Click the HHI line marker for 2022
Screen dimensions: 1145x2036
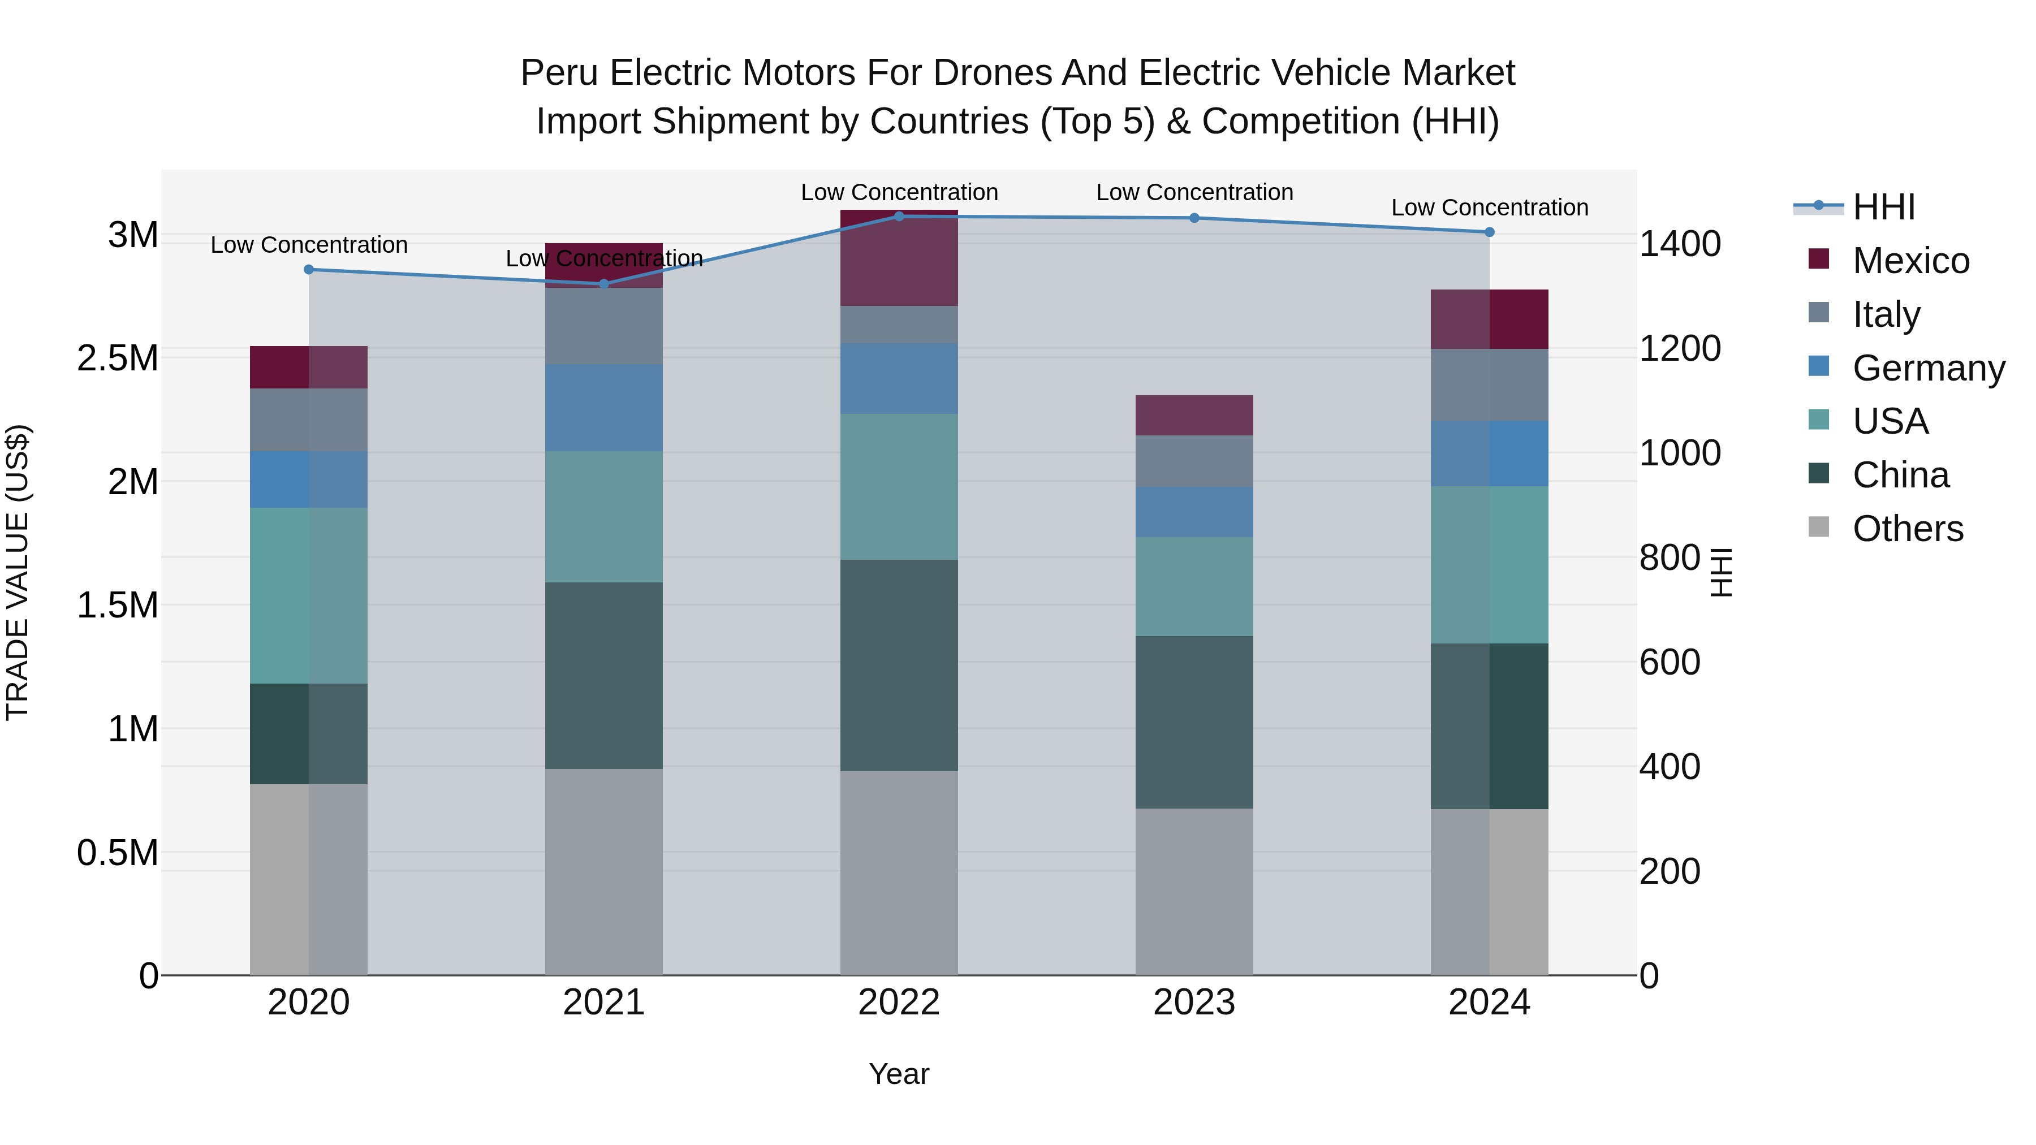tap(899, 216)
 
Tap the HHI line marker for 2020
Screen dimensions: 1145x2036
tap(309, 270)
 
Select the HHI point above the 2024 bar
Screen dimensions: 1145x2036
tap(1489, 232)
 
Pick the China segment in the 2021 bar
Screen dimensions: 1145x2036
tap(604, 676)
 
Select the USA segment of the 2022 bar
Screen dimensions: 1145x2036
tap(899, 487)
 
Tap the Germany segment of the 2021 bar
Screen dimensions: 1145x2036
tap(604, 408)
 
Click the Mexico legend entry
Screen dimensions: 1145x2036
tap(1910, 261)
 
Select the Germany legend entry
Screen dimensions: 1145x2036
tap(1928, 368)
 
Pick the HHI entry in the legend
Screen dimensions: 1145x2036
tap(1883, 207)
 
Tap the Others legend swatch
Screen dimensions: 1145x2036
tap(1819, 527)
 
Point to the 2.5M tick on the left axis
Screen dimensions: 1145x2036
tap(118, 358)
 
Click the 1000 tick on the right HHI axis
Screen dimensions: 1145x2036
tap(1680, 453)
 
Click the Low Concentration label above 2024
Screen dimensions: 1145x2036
tap(1489, 208)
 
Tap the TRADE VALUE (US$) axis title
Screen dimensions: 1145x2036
tap(18, 572)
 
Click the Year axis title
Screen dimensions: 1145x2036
tap(899, 1074)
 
